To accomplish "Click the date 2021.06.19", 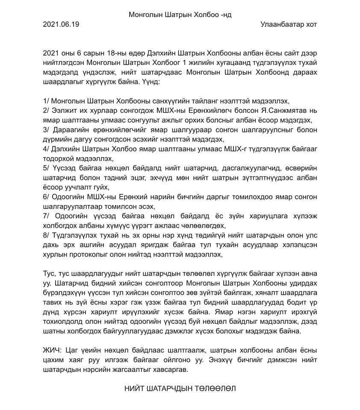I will pyautogui.click(x=61, y=24).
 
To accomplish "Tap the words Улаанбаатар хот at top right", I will pyautogui.click(x=288, y=24).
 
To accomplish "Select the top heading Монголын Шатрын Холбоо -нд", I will pyautogui.click(x=180, y=15).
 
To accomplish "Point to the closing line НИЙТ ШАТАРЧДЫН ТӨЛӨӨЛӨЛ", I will pyautogui.click(x=180, y=389).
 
